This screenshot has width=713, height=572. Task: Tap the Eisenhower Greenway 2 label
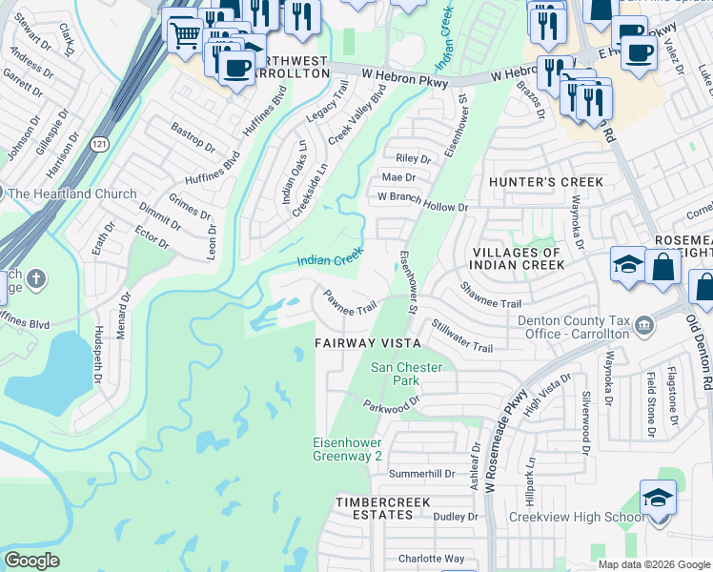348,449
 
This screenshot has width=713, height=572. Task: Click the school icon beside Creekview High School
658,498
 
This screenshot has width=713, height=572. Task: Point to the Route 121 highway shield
99,143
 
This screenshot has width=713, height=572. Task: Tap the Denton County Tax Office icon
645,327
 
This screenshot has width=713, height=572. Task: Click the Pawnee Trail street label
351,304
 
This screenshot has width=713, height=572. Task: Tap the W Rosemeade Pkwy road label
504,441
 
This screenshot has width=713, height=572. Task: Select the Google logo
31,560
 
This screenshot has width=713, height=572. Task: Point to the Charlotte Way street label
431,559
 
